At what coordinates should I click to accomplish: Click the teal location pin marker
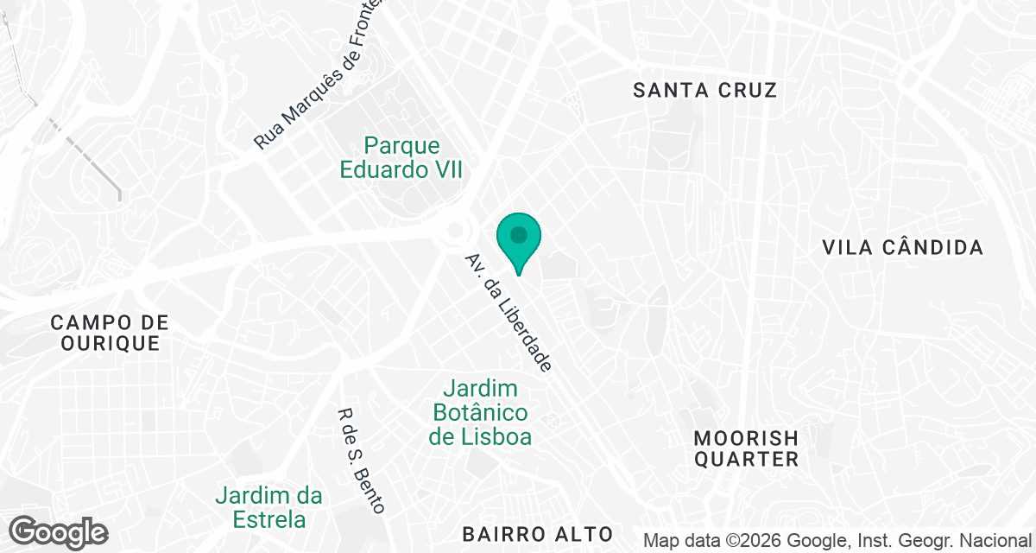point(518,242)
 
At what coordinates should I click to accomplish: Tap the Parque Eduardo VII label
point(401,157)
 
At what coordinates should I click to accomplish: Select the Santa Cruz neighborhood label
point(704,90)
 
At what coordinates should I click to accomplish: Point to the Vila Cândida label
point(902,248)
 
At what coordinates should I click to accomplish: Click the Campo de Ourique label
point(109,333)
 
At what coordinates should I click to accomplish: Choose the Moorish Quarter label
point(746,448)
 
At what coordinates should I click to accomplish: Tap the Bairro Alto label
point(537,533)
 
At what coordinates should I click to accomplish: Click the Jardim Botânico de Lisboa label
point(480,413)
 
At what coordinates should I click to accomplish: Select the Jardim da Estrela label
point(268,508)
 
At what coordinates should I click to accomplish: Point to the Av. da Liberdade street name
point(508,313)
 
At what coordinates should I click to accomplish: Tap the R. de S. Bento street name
point(362,461)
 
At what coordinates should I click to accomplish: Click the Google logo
point(58,531)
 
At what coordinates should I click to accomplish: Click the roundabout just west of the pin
point(454,231)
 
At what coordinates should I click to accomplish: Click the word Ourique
point(109,343)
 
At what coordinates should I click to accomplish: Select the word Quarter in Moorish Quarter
point(746,459)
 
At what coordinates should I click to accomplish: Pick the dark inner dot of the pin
point(518,234)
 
